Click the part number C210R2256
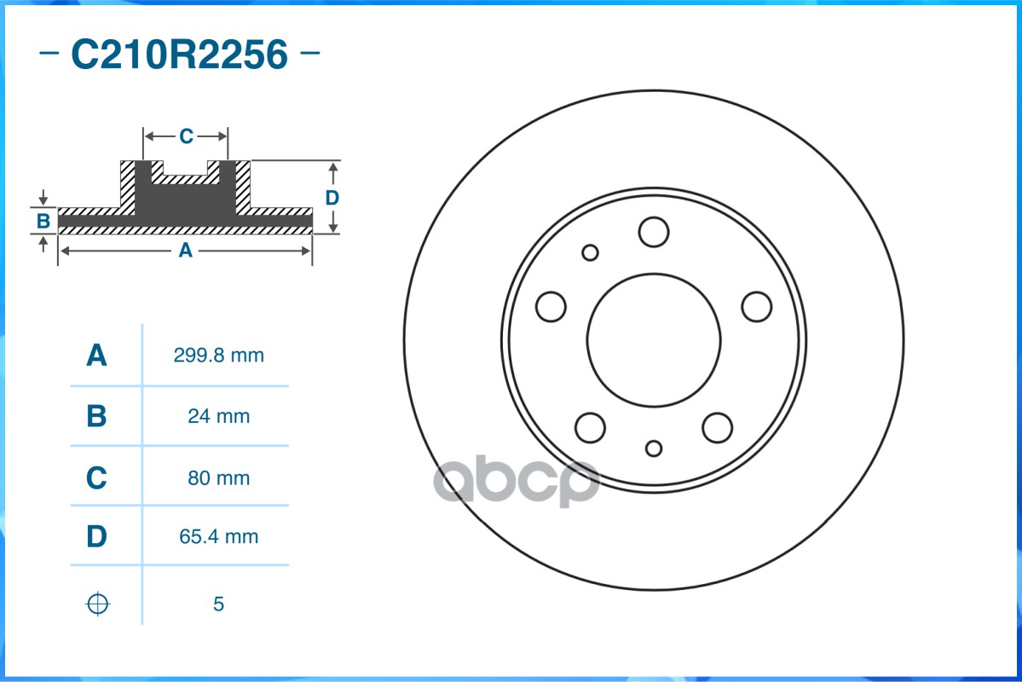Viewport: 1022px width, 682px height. pos(179,55)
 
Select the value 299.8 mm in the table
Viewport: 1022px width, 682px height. pos(218,355)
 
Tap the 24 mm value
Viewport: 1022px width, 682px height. pos(218,417)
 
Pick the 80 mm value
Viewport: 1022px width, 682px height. pos(218,478)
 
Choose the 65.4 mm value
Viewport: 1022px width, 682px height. pos(218,537)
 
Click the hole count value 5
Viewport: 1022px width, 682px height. pos(218,604)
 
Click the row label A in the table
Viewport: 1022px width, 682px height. pos(97,355)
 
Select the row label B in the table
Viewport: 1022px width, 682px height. pos(97,417)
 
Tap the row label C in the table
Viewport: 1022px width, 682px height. pos(97,478)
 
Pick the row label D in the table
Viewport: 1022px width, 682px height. pos(97,537)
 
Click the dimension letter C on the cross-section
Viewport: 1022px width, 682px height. pos(186,136)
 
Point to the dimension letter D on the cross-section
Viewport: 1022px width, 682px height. pos(332,198)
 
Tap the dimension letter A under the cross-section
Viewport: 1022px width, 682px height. pos(184,251)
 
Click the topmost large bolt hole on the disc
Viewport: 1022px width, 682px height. pos(654,232)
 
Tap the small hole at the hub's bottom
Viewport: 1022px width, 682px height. pos(654,448)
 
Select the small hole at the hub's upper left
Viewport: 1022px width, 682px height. pos(590,252)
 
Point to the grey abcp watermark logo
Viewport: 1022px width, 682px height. pos(517,483)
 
